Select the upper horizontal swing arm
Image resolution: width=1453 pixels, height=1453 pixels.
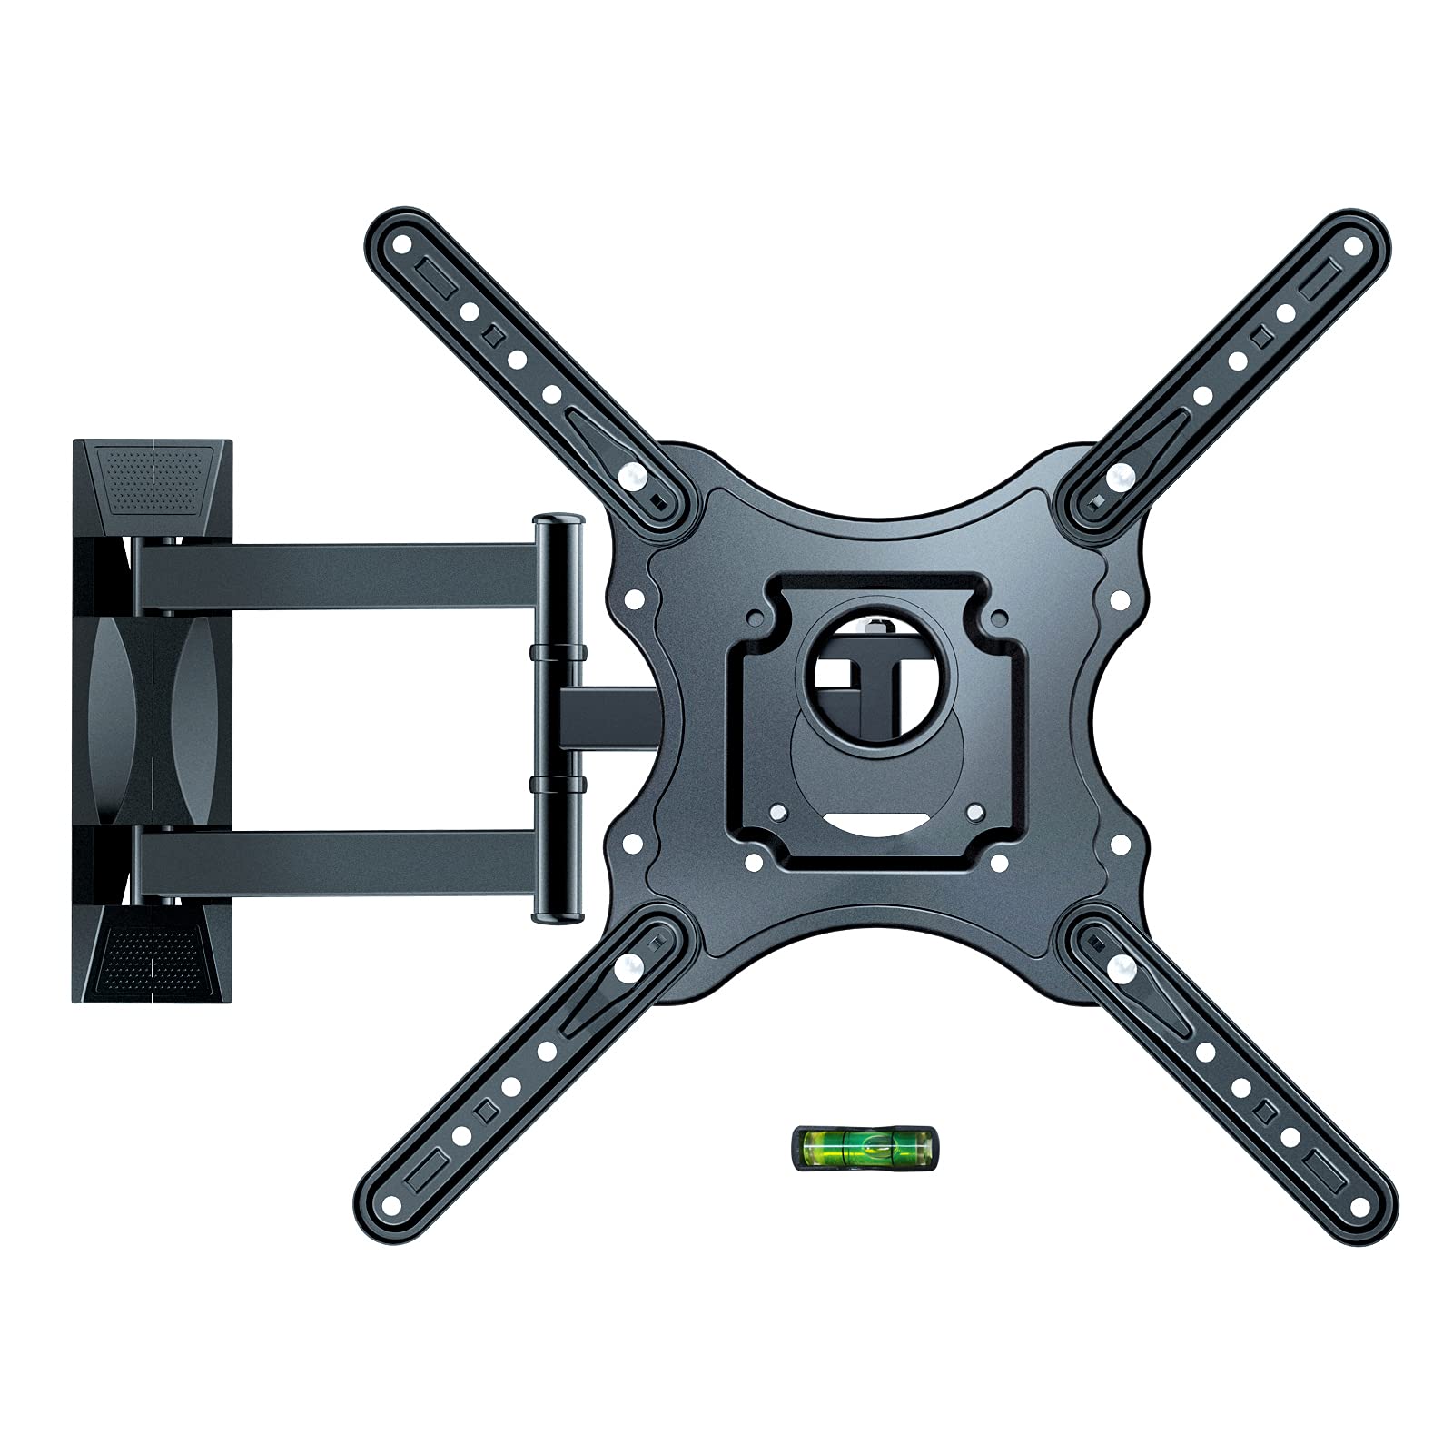tap(336, 577)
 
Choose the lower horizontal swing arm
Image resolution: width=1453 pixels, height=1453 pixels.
tap(336, 861)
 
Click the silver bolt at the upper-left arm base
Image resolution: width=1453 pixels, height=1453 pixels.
tap(633, 474)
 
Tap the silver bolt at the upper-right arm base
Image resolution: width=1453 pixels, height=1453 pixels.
tap(1122, 473)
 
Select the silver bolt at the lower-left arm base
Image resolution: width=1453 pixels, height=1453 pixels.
tap(626, 968)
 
